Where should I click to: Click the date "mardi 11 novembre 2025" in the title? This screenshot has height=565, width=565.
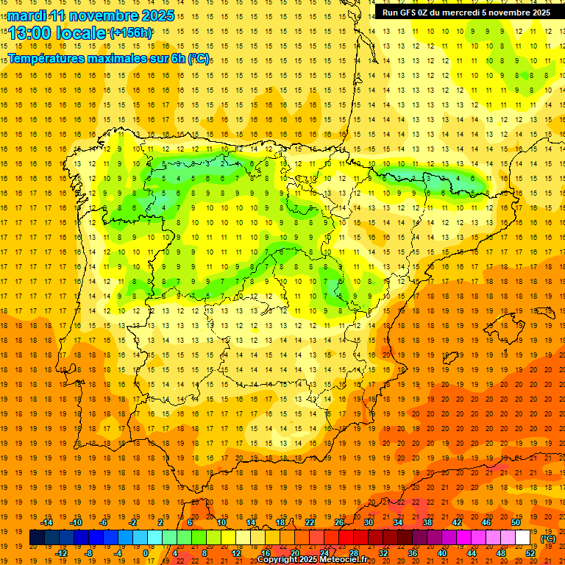click(x=92, y=15)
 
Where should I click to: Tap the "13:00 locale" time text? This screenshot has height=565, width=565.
click(x=57, y=33)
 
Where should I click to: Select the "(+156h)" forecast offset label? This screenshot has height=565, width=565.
click(x=131, y=33)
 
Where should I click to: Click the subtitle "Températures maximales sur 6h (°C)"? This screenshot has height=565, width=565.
click(x=107, y=58)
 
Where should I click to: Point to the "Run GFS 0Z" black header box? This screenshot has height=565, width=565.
click(x=466, y=13)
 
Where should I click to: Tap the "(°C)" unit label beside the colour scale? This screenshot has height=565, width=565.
click(x=548, y=539)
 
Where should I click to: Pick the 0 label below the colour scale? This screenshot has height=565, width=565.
click(x=146, y=552)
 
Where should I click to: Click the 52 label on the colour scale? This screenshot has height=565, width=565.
click(x=530, y=552)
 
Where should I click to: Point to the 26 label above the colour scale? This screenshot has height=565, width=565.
click(x=339, y=522)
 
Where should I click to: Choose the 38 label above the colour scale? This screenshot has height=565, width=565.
click(x=427, y=522)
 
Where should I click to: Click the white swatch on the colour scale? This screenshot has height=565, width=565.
click(x=523, y=538)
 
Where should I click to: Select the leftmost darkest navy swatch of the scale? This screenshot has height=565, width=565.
click(x=37, y=538)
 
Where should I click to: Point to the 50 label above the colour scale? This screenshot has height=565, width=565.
click(x=516, y=522)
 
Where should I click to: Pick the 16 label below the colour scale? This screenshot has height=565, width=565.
click(x=265, y=552)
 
